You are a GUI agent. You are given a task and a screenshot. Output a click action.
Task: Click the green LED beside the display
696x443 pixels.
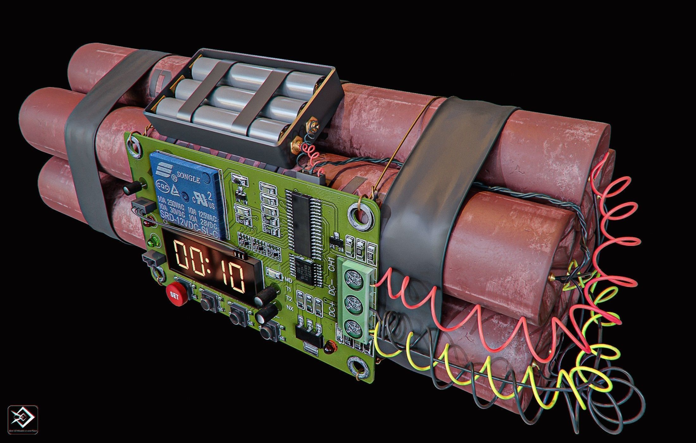155,241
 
